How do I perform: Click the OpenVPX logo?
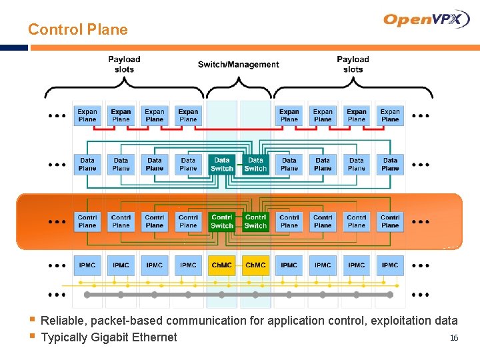pyautogui.click(x=427, y=19)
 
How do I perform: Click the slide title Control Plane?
pyautogui.click(x=77, y=29)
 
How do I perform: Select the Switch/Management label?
pyautogui.click(x=238, y=65)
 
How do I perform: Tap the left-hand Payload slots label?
pyautogui.click(x=124, y=65)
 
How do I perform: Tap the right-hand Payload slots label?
pyautogui.click(x=353, y=65)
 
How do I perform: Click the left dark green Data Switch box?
pyautogui.click(x=222, y=164)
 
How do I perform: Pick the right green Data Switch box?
pyautogui.click(x=255, y=164)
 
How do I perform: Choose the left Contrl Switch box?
pyautogui.click(x=222, y=221)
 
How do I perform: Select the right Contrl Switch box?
pyautogui.click(x=255, y=221)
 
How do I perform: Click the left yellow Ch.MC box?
pyautogui.click(x=222, y=265)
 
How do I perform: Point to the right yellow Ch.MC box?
pyautogui.click(x=255, y=265)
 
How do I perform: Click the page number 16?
pyautogui.click(x=454, y=339)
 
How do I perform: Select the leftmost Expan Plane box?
pyautogui.click(x=87, y=115)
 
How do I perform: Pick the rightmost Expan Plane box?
pyautogui.click(x=390, y=115)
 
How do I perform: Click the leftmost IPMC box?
pyautogui.click(x=87, y=265)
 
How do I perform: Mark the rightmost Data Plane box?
pyautogui.click(x=390, y=164)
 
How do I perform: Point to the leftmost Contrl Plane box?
pyautogui.click(x=87, y=221)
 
